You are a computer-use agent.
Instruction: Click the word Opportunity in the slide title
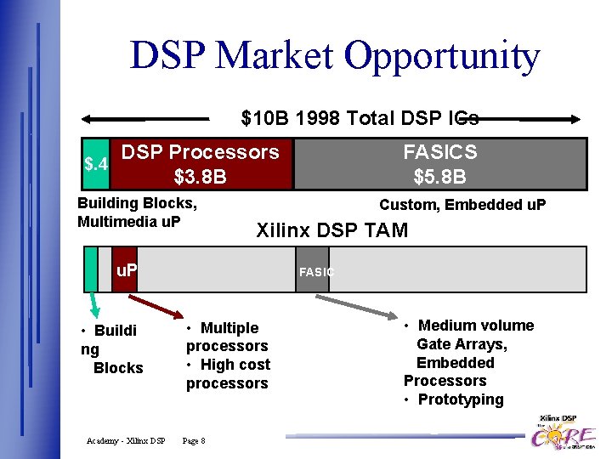coord(441,56)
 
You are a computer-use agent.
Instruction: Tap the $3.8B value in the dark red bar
coord(200,178)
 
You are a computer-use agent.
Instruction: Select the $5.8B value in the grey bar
coord(439,178)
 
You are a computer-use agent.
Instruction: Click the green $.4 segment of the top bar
coord(95,163)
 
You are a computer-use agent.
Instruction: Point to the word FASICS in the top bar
coord(439,152)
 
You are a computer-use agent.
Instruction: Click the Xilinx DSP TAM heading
coord(332,230)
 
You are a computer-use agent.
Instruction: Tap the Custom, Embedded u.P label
coord(462,205)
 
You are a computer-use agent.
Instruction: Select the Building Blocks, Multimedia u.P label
coord(137,212)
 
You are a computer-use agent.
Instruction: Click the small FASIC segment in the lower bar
coord(313,269)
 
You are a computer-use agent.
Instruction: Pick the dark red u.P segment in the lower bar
coord(124,269)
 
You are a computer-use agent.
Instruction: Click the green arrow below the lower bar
coord(95,306)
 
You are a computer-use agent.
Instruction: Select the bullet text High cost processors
coord(227,374)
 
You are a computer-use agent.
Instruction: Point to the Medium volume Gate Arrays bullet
coord(468,334)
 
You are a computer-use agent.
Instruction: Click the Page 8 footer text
coord(194,440)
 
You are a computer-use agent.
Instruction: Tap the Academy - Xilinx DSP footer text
coord(126,440)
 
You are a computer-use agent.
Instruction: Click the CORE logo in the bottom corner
coord(563,434)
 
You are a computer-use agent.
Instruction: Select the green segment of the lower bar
coord(91,269)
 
